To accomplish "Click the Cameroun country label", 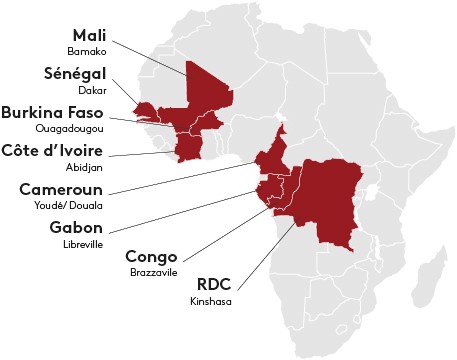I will click(62, 189).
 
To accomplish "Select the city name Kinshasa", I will click(210, 299).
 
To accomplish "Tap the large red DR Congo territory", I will click(325, 205).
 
